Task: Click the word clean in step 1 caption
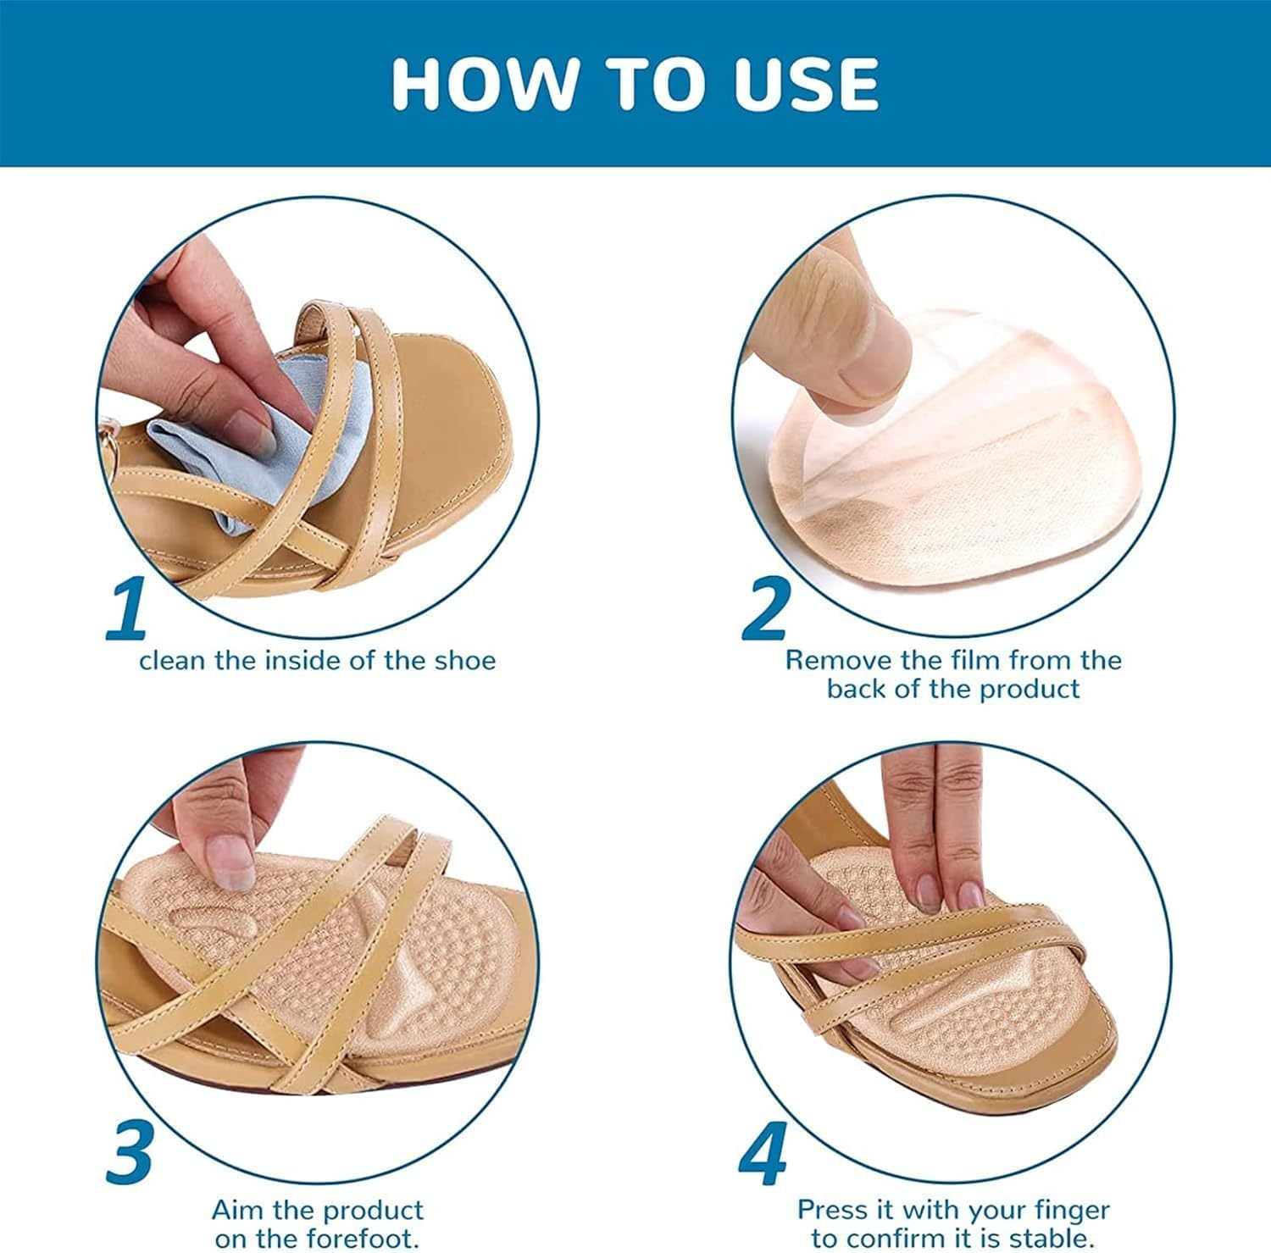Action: click(172, 661)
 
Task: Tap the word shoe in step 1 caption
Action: click(464, 661)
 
